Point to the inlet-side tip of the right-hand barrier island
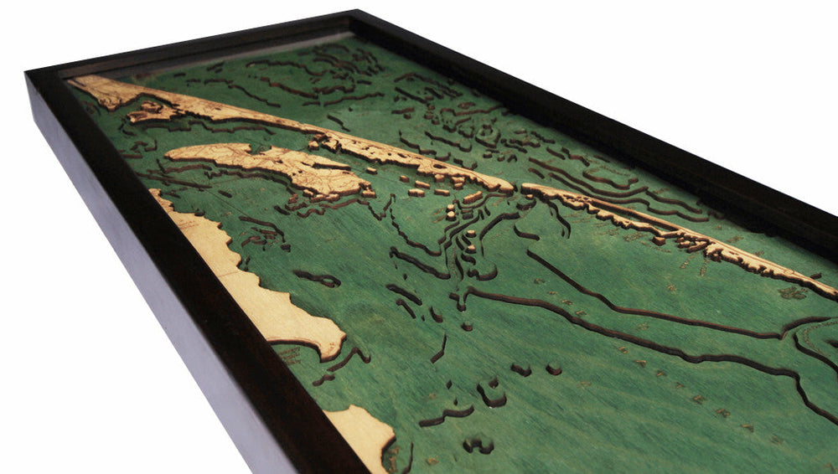pos(526,188)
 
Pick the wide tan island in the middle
pos(268,163)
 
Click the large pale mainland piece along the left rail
pos(251,285)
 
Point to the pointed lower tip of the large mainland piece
pos(339,352)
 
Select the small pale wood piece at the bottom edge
pos(365,435)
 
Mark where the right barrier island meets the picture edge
pos(835,293)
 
